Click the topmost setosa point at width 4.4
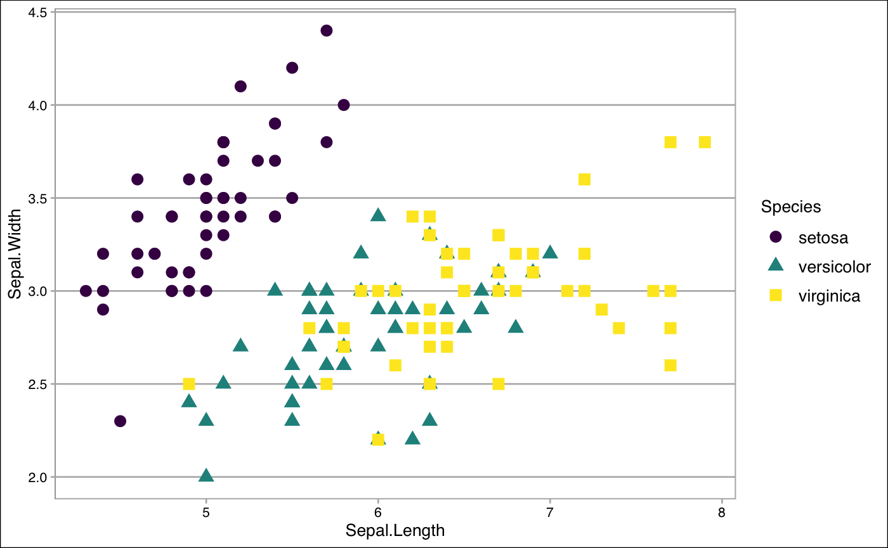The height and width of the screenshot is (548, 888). point(327,30)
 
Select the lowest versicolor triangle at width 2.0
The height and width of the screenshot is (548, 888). point(206,475)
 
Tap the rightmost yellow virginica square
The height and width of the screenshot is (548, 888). point(705,142)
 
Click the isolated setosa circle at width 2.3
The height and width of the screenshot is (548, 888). point(120,421)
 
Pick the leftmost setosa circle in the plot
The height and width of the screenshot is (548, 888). point(86,291)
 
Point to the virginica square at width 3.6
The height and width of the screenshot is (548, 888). point(584,179)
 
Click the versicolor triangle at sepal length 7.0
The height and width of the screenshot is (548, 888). point(550,252)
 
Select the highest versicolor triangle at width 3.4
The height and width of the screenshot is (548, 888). point(378,215)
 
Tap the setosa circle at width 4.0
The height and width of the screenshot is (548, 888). point(344,105)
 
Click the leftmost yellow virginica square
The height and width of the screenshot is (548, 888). point(188,384)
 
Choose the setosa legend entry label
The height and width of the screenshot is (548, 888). point(823,238)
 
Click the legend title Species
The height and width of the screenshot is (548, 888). point(791,207)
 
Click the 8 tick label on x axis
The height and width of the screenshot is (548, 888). point(722,511)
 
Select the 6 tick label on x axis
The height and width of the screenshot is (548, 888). point(378,511)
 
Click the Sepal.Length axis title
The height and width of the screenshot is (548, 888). point(395,530)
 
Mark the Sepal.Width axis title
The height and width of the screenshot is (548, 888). point(15,253)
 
